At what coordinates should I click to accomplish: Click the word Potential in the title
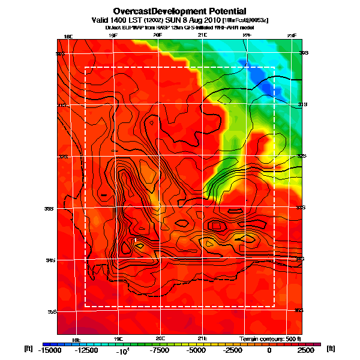click(x=217, y=11)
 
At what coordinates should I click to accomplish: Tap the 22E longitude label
click(x=247, y=36)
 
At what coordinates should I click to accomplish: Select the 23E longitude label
click(x=292, y=36)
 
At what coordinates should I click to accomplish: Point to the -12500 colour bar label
click(x=85, y=350)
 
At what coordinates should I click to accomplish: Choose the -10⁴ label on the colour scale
click(x=122, y=350)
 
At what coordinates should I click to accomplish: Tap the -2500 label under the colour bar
click(x=232, y=350)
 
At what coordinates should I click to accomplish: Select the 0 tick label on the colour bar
click(x=269, y=350)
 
